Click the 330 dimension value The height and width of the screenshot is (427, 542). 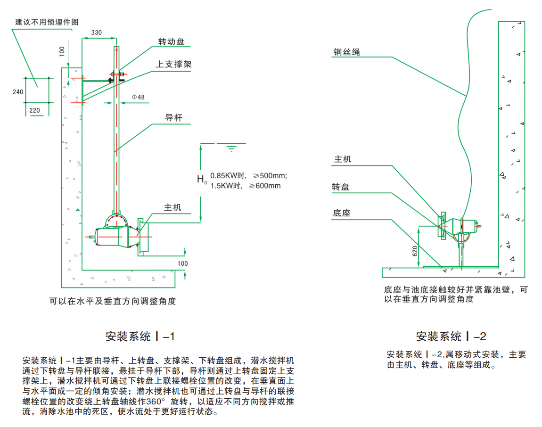click(96, 33)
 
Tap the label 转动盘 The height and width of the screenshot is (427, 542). click(171, 42)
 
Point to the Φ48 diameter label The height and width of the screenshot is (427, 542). click(138, 97)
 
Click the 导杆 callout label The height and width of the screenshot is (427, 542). click(173, 118)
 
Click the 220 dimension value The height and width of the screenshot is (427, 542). click(35, 111)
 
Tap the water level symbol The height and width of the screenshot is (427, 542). click(231, 148)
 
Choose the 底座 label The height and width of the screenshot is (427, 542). click(341, 213)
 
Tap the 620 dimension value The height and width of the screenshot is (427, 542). click(415, 251)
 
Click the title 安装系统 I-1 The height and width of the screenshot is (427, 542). click(140, 337)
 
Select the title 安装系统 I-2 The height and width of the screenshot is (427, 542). click(451, 337)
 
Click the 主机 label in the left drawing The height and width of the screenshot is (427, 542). click(172, 207)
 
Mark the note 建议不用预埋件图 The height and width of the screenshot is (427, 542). click(46, 22)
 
